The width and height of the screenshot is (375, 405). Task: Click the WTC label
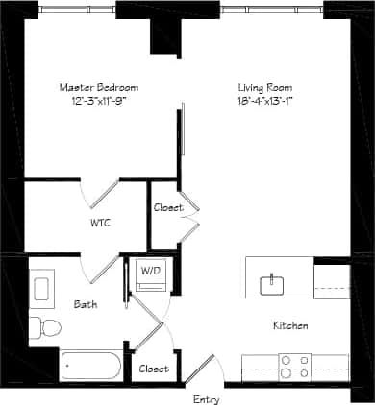coord(100,224)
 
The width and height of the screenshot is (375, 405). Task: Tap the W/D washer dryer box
coord(151,273)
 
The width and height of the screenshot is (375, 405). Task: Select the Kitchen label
coord(290,326)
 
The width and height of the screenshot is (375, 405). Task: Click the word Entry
coord(206,398)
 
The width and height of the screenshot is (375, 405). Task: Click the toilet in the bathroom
coord(44,327)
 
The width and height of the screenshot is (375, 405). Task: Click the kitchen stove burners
coord(294,366)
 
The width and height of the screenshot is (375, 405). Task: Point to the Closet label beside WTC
coord(167,207)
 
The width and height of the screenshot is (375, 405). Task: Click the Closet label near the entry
coord(154,369)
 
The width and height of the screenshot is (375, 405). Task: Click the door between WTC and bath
coord(102,269)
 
